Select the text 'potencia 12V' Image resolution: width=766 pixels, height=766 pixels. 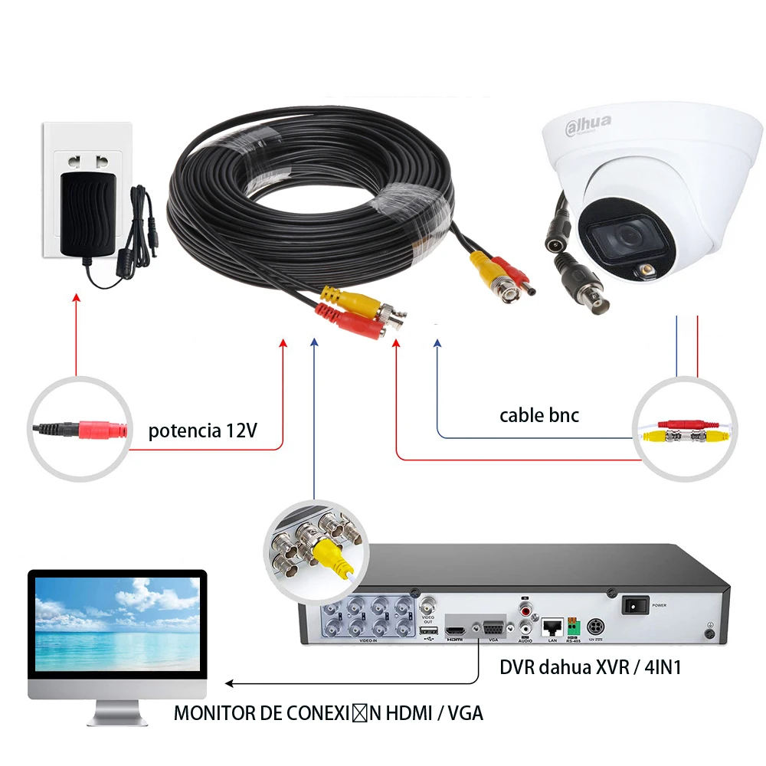(x=203, y=430)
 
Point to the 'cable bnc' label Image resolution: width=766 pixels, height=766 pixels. (x=539, y=415)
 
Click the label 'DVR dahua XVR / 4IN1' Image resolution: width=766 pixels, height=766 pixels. (x=591, y=667)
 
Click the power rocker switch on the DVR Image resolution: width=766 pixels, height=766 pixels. (x=635, y=605)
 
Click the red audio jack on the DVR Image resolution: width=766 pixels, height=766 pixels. (x=525, y=611)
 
